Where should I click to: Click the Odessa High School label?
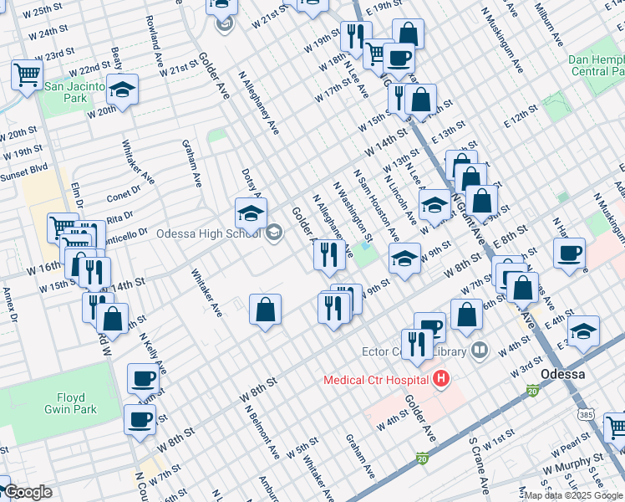click(208, 233)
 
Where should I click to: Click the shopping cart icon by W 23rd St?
click(28, 74)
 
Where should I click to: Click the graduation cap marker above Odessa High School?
click(251, 213)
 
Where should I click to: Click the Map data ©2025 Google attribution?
click(573, 495)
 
